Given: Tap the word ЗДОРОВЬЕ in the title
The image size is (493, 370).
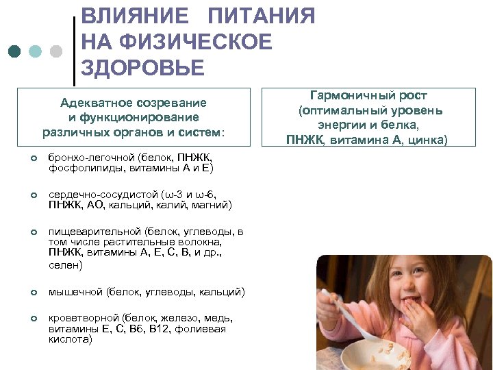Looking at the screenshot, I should pos(142,68).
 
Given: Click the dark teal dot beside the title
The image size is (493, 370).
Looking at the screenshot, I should pos(15,51).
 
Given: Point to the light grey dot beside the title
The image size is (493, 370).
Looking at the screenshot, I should pos(57,51).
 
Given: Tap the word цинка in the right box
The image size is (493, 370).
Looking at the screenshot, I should pos(425,140).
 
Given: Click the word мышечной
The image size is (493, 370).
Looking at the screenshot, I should pos(75,292).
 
